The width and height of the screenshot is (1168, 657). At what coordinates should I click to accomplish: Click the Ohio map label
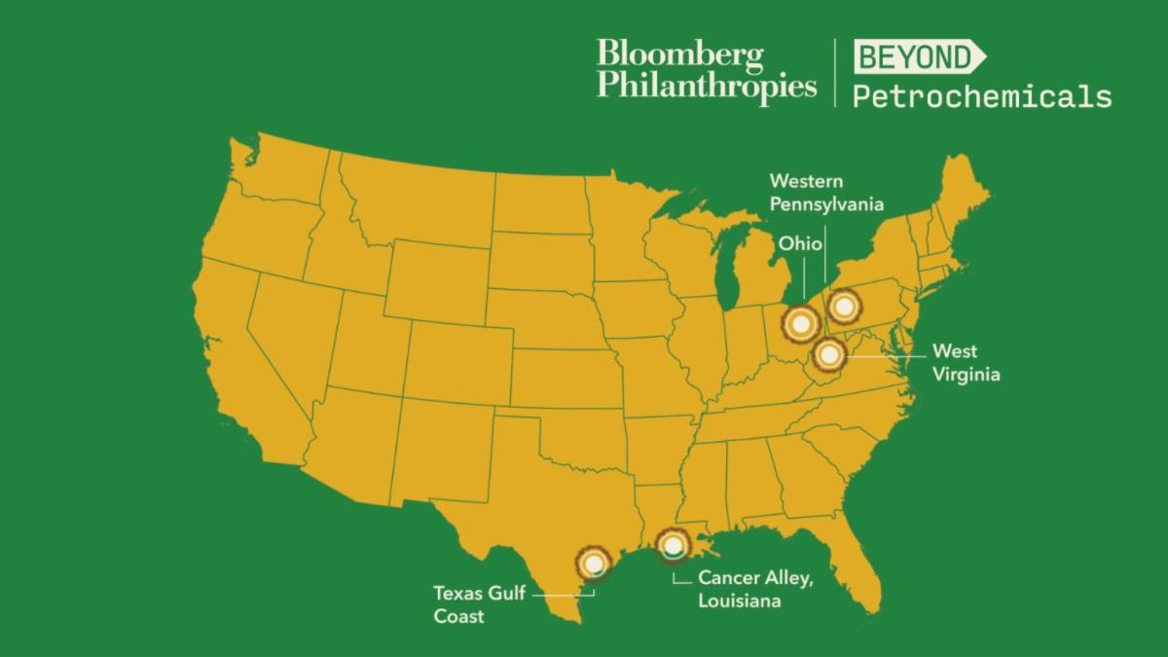point(800,243)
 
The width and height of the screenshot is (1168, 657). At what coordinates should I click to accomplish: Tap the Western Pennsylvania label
point(826,193)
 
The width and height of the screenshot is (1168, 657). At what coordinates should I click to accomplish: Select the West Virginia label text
point(966,362)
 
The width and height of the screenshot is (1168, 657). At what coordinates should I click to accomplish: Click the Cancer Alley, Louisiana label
point(754,589)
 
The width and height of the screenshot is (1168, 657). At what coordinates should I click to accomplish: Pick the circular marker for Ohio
point(800,322)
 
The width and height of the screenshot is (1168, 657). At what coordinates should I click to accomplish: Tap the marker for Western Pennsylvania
point(843,308)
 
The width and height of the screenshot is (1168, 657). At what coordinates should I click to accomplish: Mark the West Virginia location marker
point(828,355)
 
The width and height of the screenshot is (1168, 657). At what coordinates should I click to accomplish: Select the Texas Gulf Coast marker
point(591,563)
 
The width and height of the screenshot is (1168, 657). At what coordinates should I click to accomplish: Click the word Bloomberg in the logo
point(680,55)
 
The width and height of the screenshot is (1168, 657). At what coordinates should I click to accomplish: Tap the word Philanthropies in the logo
point(707,86)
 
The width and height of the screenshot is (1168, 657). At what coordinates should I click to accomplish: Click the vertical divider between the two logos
point(835,72)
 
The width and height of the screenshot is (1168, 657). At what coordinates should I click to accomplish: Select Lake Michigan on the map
point(725,263)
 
